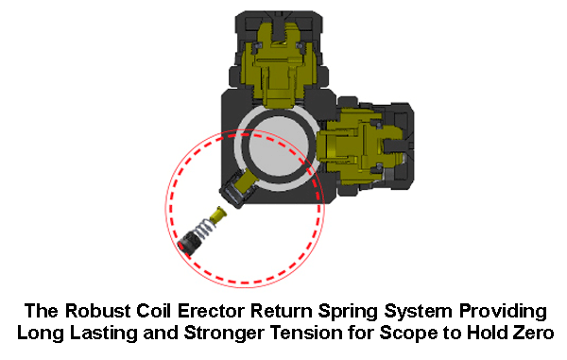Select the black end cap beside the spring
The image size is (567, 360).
click(187, 245)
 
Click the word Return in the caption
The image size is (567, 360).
click(288, 311)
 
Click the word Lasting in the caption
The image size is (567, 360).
click(116, 333)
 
